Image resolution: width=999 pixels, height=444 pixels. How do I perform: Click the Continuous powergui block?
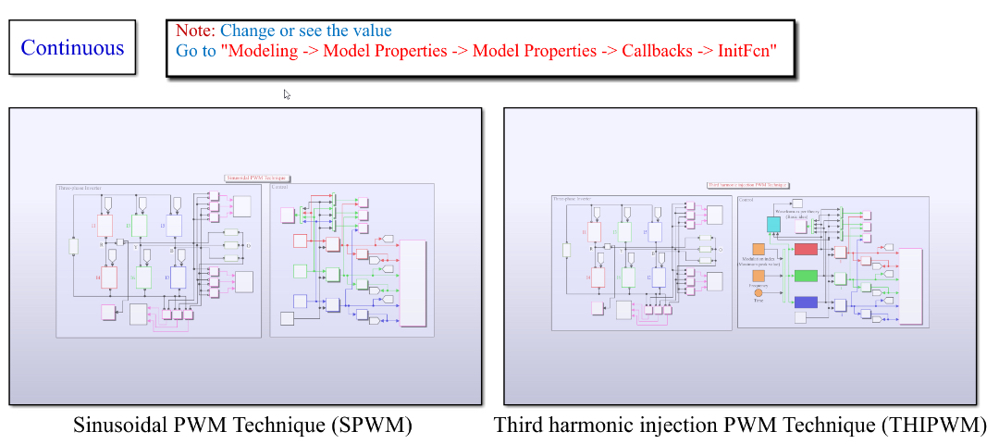(x=72, y=47)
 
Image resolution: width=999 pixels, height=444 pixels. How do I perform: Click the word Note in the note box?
(x=194, y=31)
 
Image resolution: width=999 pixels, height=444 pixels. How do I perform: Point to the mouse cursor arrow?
(x=287, y=93)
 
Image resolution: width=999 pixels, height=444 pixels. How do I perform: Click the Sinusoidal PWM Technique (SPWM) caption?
(x=242, y=425)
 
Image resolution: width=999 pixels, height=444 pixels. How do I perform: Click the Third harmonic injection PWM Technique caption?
(x=740, y=425)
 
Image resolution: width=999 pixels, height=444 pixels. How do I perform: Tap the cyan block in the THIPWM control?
(x=774, y=225)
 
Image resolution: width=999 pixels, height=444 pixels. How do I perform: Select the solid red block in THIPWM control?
(x=807, y=249)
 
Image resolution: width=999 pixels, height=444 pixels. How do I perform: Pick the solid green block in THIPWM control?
(x=807, y=276)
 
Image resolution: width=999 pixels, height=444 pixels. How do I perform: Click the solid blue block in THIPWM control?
(x=807, y=302)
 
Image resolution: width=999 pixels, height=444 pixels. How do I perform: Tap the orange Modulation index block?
(x=758, y=250)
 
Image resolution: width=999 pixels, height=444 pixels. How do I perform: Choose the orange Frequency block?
(x=758, y=276)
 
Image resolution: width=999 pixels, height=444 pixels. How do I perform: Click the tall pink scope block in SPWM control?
(x=413, y=284)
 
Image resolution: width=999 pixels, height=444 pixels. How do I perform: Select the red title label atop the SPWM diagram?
(x=256, y=178)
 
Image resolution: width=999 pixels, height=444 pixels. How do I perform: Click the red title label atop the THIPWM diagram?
(x=747, y=185)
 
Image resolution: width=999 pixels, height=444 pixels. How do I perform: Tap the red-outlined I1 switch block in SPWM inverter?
(x=105, y=226)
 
